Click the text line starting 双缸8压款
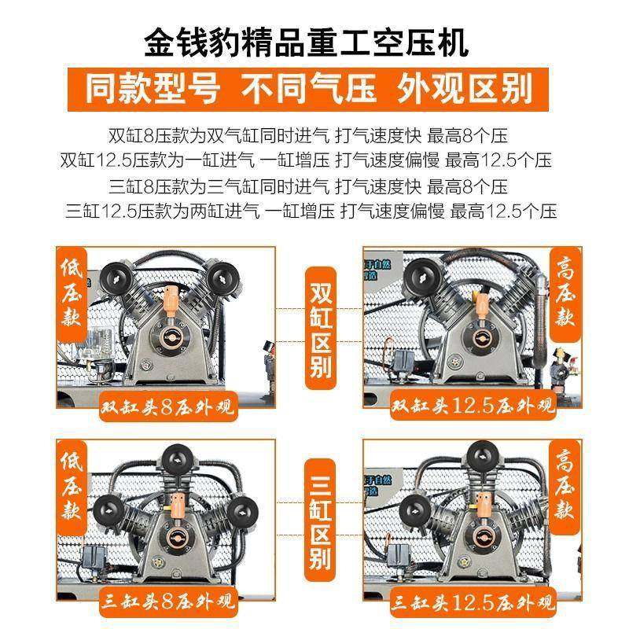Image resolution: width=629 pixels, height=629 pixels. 314,135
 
